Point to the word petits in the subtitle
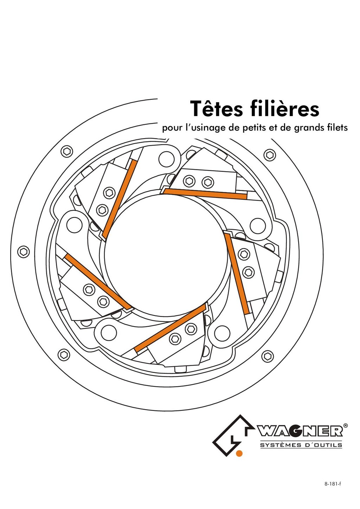point(254,128)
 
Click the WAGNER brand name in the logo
point(300,431)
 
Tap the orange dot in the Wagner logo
point(239,453)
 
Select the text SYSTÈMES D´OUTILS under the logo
point(301,445)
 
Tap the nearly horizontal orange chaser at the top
point(205,194)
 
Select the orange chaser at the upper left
point(119,199)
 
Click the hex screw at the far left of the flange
point(24,252)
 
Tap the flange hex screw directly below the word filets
point(269,155)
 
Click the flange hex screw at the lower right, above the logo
point(268,357)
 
